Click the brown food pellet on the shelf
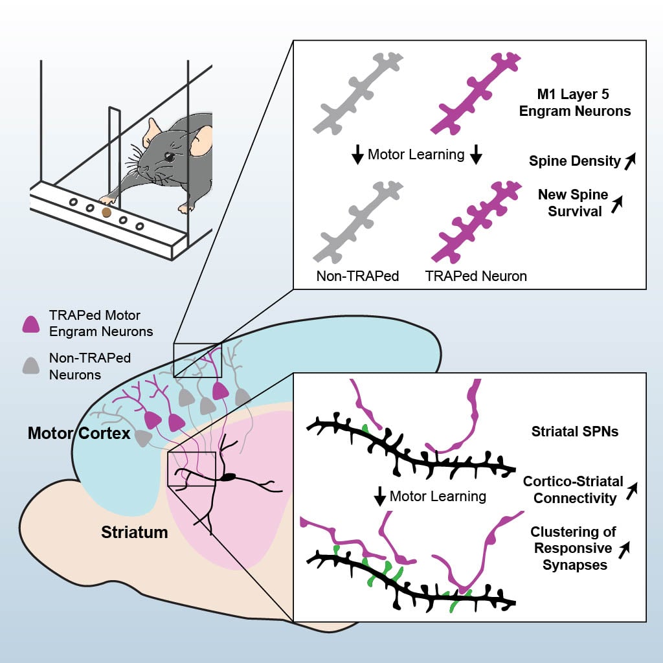[106, 212]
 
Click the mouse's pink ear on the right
[202, 140]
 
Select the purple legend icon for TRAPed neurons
[31, 324]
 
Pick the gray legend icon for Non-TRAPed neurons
[31, 365]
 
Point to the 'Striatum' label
[135, 533]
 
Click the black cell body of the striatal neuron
[227, 478]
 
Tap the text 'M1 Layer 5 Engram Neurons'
[585, 102]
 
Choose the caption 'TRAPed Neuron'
[476, 276]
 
